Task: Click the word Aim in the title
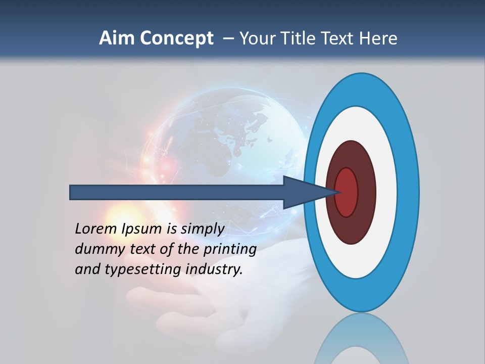(x=117, y=38)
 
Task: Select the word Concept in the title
(x=176, y=38)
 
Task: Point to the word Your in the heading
(x=255, y=38)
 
